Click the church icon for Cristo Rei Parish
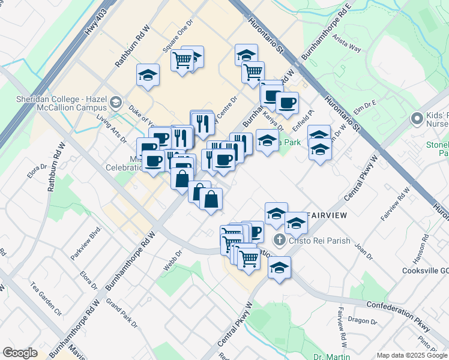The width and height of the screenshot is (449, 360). tap(279, 241)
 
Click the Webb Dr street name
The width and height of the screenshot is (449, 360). tap(170, 260)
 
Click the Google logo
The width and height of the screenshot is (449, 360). tap(20, 353)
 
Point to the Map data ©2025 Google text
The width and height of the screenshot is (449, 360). tap(412, 355)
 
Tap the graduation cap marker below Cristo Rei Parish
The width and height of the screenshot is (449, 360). tap(279, 268)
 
